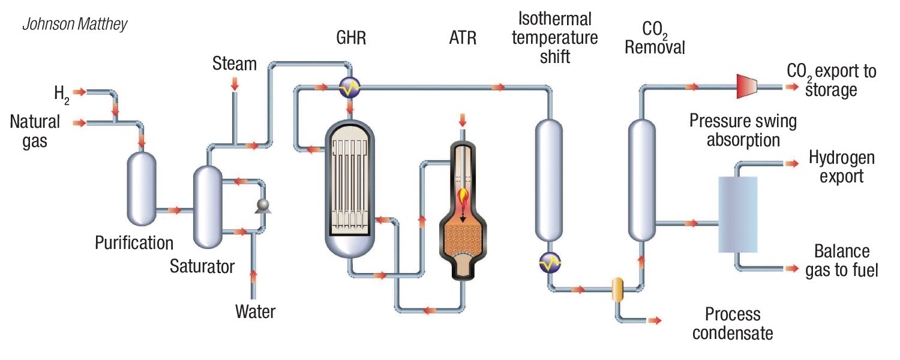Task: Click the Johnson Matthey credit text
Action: click(x=74, y=25)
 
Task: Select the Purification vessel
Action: click(x=142, y=188)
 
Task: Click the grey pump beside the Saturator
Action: click(x=262, y=206)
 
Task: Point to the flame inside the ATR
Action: click(x=463, y=197)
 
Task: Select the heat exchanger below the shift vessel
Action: click(x=550, y=262)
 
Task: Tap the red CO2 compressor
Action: click(x=746, y=87)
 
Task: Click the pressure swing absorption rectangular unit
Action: click(x=738, y=214)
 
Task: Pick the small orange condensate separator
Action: click(x=617, y=289)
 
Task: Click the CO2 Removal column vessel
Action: click(x=641, y=180)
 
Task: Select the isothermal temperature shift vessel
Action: click(x=549, y=180)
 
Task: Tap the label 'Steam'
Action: click(x=234, y=64)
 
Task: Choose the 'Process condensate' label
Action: click(x=732, y=323)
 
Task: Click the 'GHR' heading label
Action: click(x=351, y=39)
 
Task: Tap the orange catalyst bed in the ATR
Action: click(x=463, y=243)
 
